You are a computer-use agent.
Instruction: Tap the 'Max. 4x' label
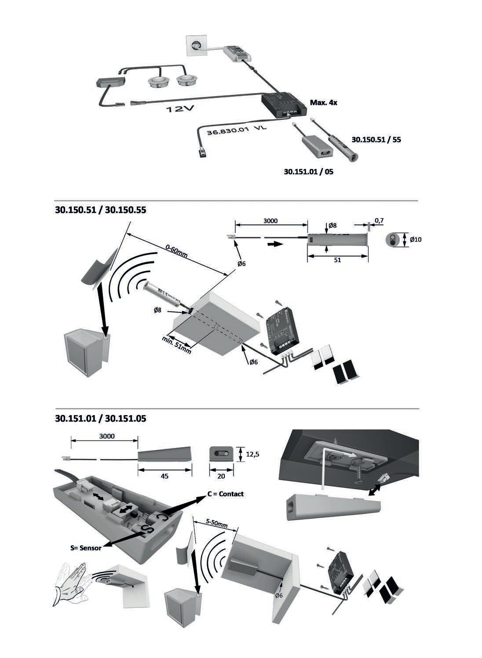coord(323,102)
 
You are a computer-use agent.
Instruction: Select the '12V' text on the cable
coord(179,109)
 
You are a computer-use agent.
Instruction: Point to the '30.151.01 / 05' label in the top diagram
coord(308,172)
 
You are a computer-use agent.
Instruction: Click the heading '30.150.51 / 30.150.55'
coord(101,210)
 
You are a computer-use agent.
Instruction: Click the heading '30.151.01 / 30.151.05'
coord(101,419)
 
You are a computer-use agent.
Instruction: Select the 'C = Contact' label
coord(226,494)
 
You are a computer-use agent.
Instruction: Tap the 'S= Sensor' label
coord(86,548)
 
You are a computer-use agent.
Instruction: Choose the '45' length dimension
coord(165,476)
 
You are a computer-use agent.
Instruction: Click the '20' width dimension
coord(220,476)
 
